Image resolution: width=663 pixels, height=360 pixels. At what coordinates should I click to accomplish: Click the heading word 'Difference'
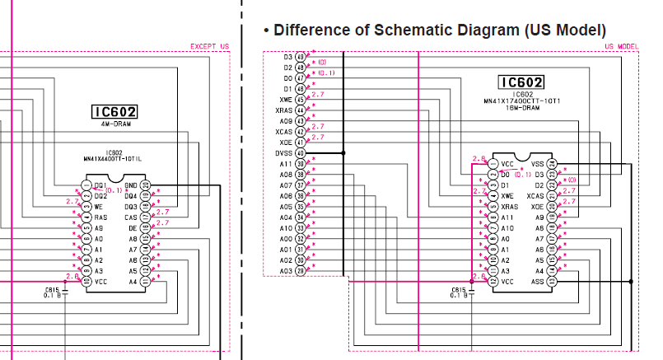313,30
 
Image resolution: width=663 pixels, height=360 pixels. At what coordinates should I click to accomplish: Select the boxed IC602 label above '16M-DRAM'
521,82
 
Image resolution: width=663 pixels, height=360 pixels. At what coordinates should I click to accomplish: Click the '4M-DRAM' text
114,123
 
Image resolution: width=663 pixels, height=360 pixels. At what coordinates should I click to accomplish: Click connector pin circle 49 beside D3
300,57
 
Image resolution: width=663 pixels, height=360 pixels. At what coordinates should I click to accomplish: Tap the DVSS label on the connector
283,153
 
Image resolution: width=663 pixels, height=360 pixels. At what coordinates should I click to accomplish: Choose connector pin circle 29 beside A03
300,271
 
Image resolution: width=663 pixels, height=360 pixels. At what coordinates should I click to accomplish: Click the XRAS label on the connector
284,110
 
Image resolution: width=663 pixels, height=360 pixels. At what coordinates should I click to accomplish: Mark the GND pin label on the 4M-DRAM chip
131,185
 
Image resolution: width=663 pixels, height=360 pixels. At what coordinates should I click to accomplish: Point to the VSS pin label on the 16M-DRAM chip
538,164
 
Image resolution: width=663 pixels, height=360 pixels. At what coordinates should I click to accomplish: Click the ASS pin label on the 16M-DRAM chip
538,281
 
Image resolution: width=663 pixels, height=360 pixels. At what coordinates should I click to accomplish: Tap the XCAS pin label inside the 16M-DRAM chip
535,197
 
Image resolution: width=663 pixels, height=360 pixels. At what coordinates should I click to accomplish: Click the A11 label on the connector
286,164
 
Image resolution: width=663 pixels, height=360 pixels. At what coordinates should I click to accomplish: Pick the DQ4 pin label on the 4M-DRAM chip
131,196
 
